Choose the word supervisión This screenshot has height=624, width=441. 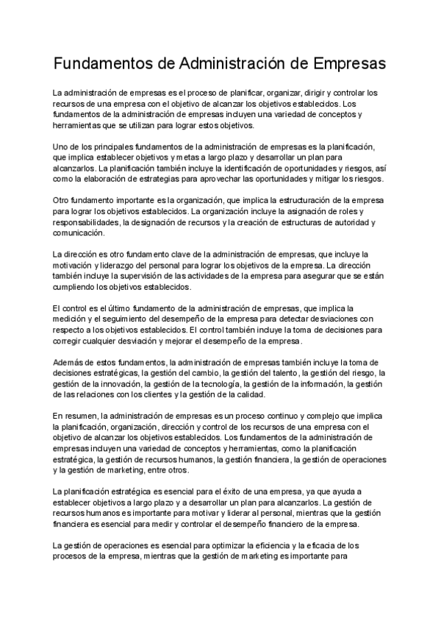(x=145, y=276)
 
